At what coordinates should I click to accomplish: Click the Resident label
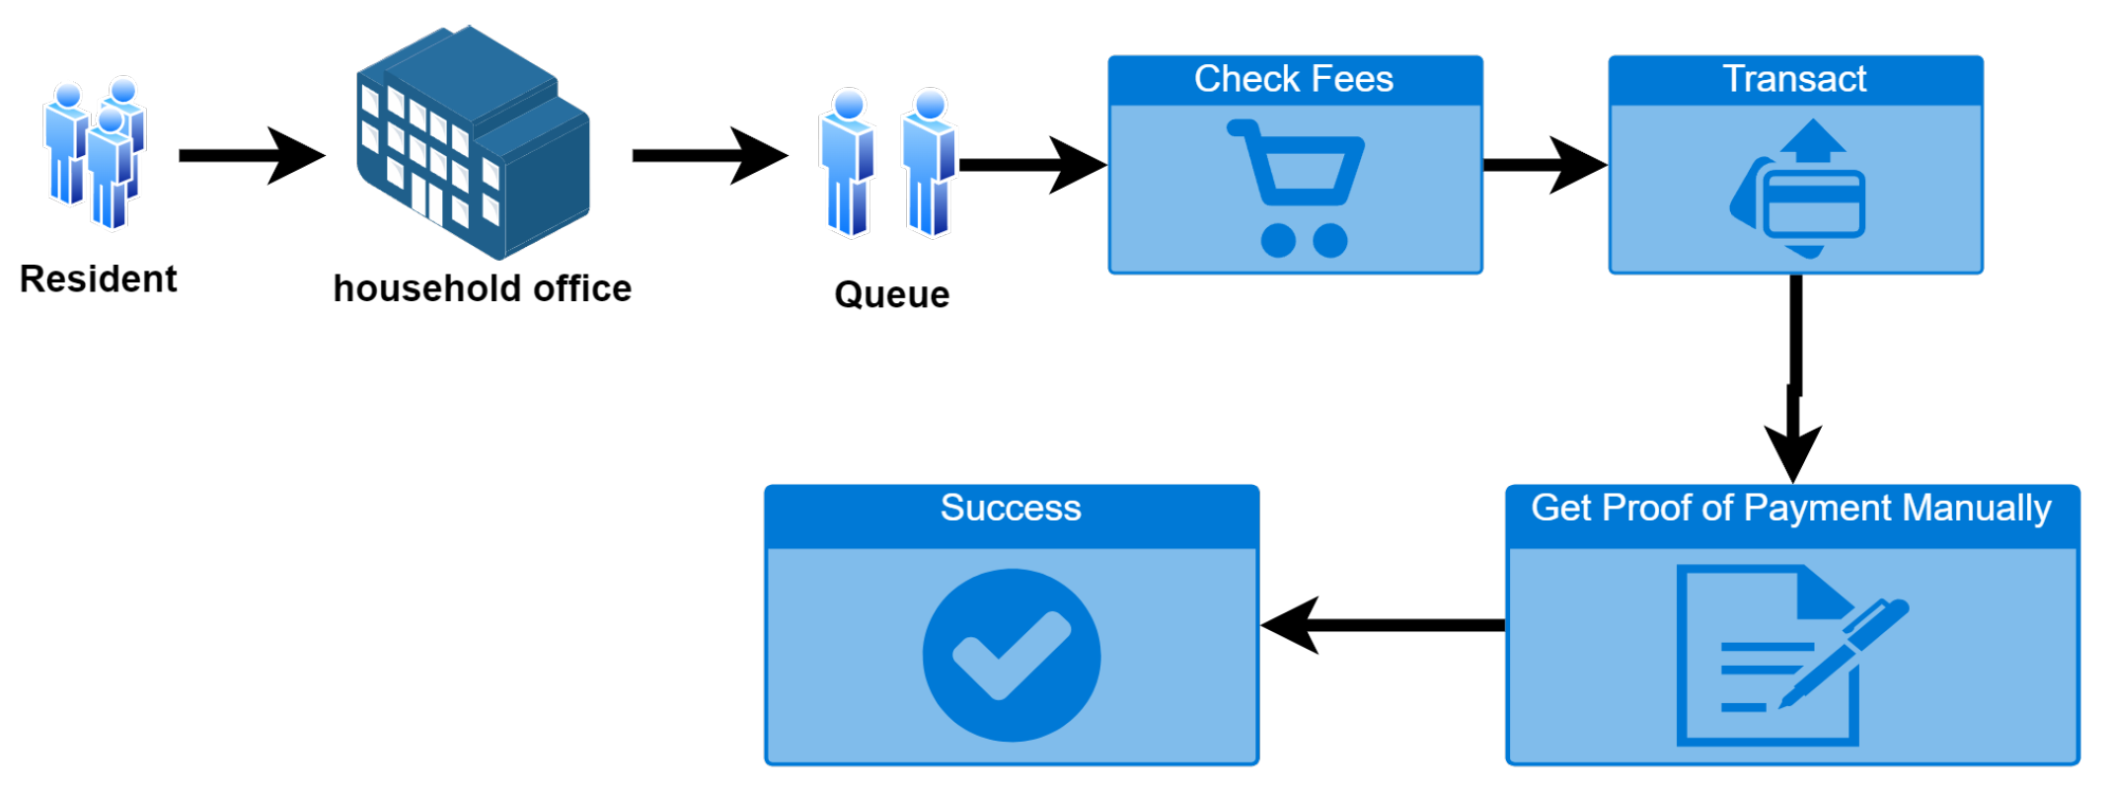point(98,279)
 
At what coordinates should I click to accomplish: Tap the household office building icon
point(473,143)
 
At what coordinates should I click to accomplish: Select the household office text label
point(482,288)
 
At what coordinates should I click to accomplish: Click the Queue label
point(891,294)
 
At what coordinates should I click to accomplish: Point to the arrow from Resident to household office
point(251,156)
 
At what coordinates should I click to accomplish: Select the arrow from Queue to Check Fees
point(1031,165)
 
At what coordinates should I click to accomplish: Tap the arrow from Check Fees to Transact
point(1545,165)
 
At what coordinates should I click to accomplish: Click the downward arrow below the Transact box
point(1794,375)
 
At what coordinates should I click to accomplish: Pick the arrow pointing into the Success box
point(1382,625)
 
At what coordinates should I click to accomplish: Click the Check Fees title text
point(1294,79)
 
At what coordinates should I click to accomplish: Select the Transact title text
point(1794,79)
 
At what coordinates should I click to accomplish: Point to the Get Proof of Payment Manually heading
point(1790,509)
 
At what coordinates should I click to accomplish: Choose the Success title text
point(1011,509)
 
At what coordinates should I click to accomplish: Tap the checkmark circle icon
point(1012,655)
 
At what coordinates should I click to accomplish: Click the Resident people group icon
point(95,153)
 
